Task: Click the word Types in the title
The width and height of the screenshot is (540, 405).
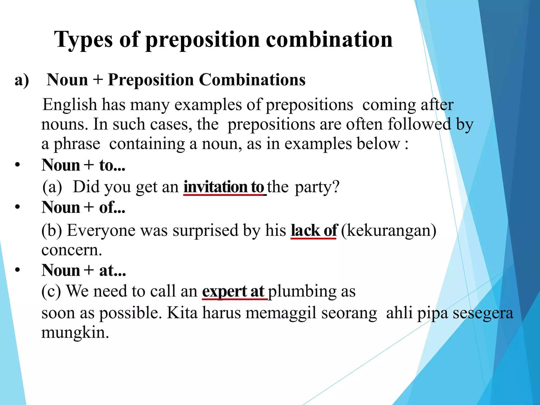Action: [84, 40]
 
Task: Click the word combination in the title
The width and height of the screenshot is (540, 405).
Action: [329, 40]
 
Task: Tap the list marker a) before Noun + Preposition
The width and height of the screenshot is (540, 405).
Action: [22, 80]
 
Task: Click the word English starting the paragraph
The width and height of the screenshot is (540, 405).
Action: [70, 105]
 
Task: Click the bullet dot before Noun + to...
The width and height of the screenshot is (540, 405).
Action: [17, 165]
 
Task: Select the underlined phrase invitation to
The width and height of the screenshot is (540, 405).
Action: [224, 187]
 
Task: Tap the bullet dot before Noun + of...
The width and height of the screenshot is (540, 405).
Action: [17, 208]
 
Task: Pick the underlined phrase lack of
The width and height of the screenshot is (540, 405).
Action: [314, 230]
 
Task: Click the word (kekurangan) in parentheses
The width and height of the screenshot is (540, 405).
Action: [389, 230]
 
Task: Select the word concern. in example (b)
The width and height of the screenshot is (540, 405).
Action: [71, 250]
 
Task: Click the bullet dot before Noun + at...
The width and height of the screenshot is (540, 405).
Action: [17, 271]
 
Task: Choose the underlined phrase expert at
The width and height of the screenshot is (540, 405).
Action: [233, 291]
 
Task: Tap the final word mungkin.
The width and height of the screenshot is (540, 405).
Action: [75, 332]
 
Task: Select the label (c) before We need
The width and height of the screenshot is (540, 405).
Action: [51, 291]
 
